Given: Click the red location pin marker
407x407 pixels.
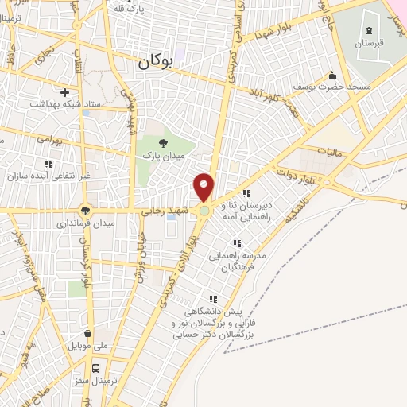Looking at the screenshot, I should (204, 187).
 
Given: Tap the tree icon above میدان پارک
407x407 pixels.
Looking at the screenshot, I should (163, 142).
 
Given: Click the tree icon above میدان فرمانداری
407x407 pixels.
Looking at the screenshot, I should (84, 211).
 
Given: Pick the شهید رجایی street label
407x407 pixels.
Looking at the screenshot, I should (165, 212).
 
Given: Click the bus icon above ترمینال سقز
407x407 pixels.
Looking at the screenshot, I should (96, 368).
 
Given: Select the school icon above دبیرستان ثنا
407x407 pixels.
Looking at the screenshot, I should (246, 193).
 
